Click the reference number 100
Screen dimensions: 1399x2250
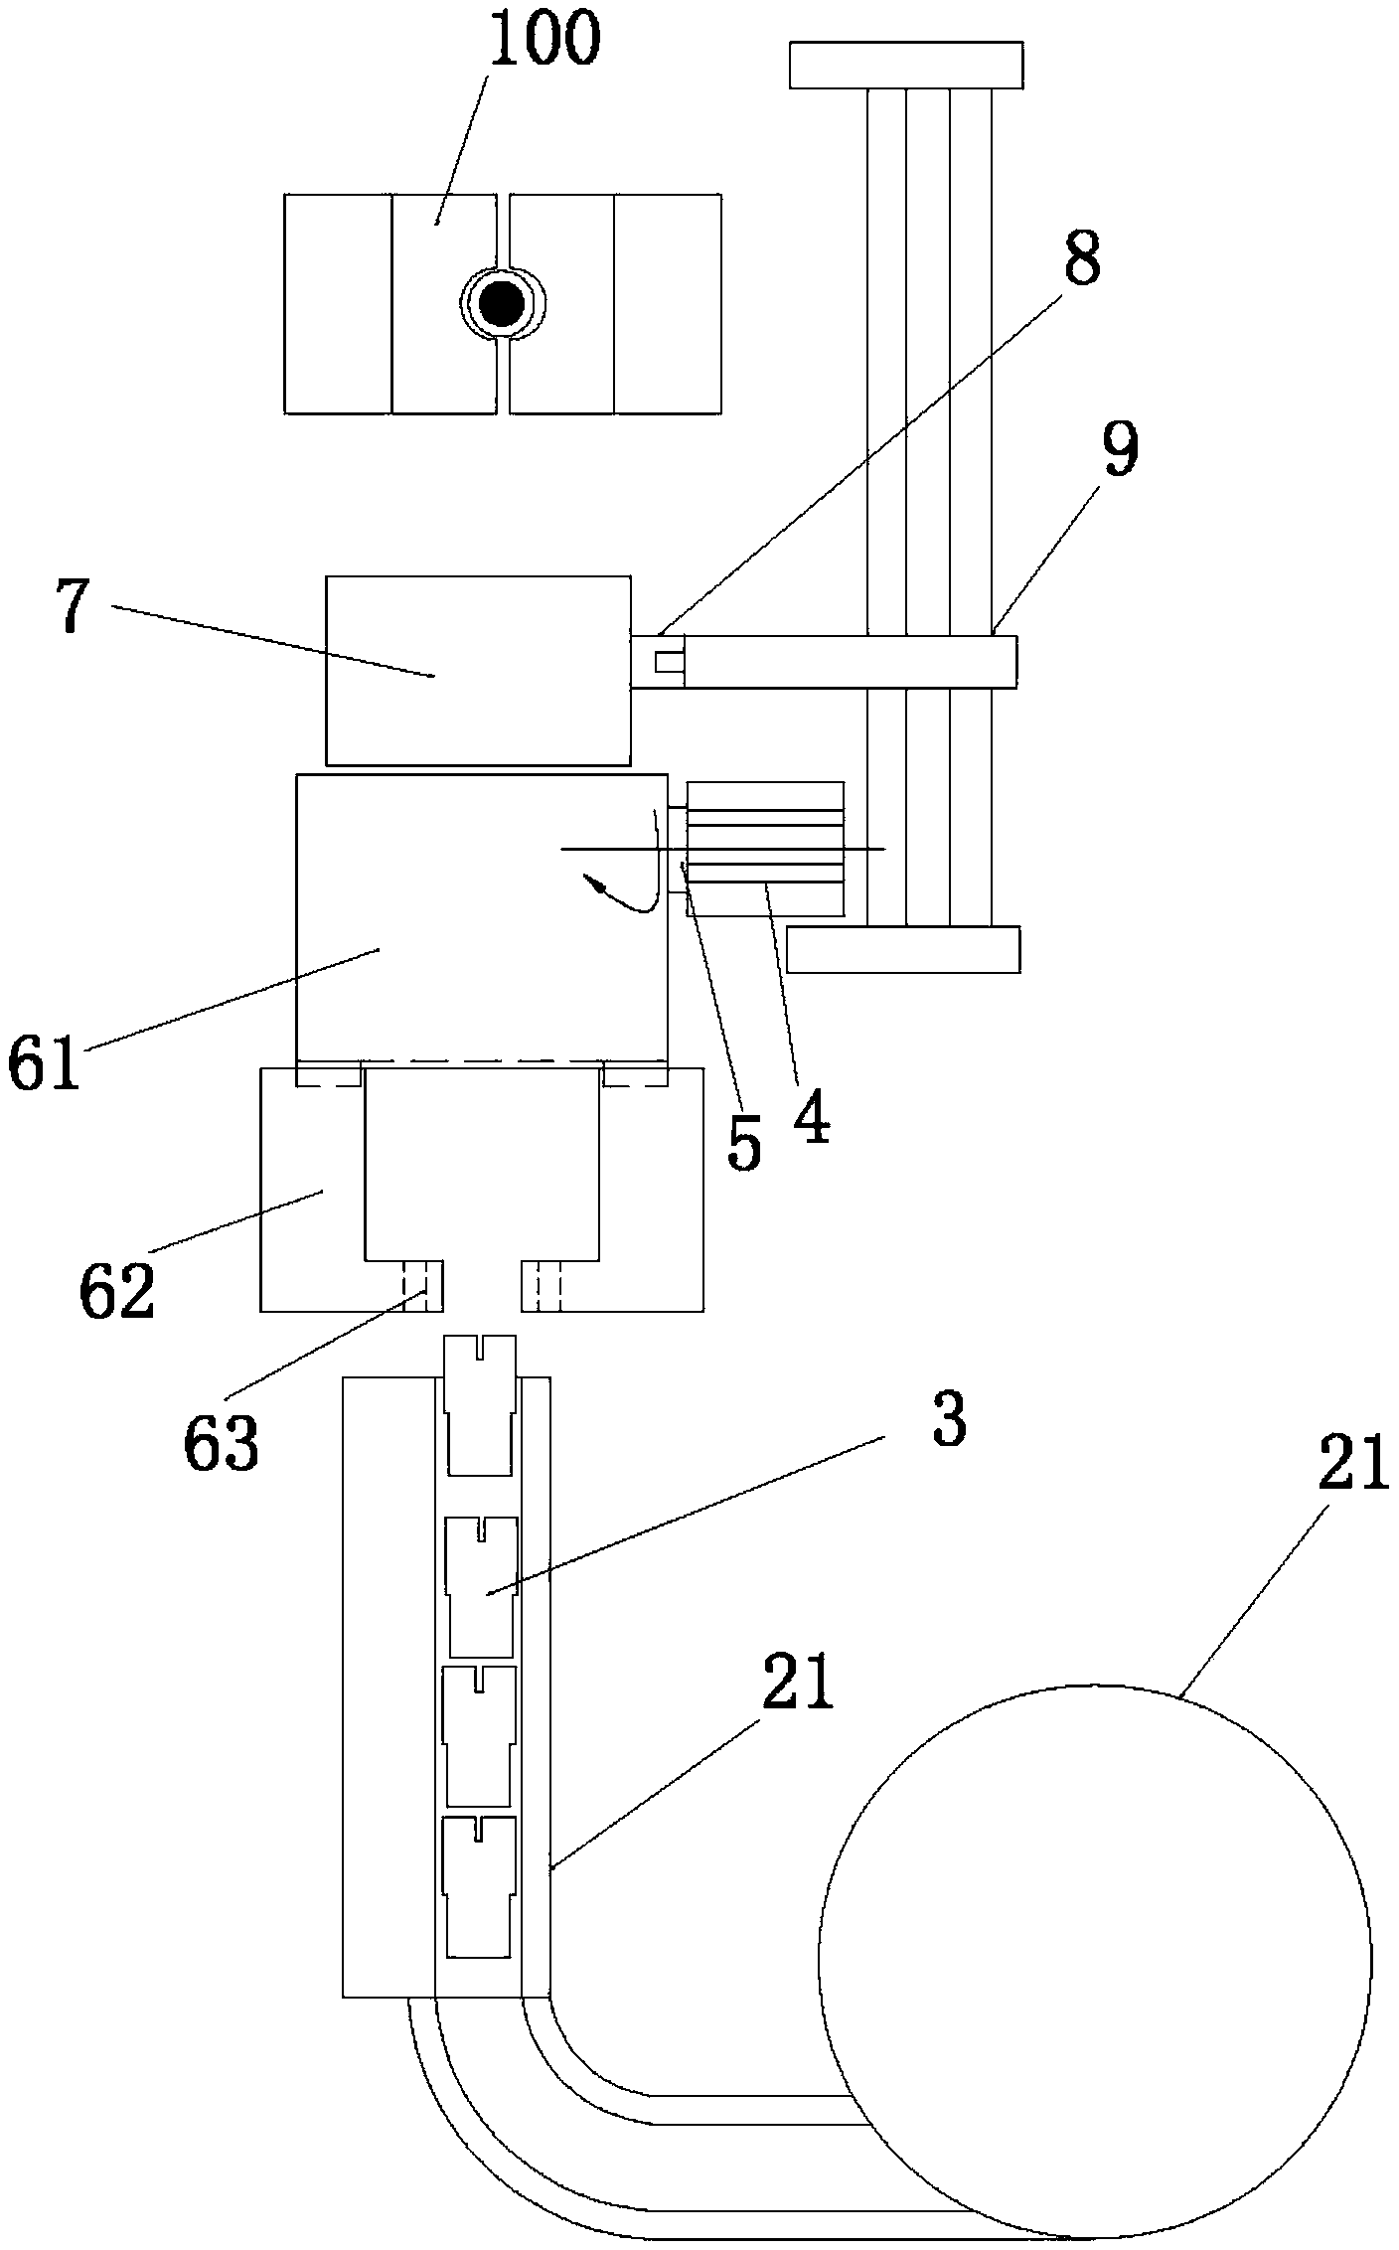click(544, 37)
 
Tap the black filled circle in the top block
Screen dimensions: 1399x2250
click(501, 303)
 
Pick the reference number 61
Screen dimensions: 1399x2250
click(44, 1062)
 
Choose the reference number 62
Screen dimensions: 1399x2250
click(117, 1288)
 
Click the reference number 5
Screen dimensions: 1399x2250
click(744, 1143)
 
